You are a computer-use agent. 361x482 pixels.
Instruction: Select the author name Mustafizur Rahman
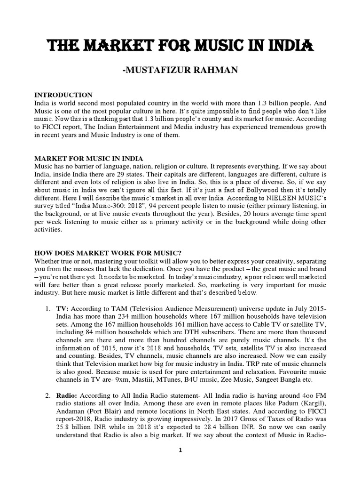point(180,71)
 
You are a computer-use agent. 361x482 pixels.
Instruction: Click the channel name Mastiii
point(141,378)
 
